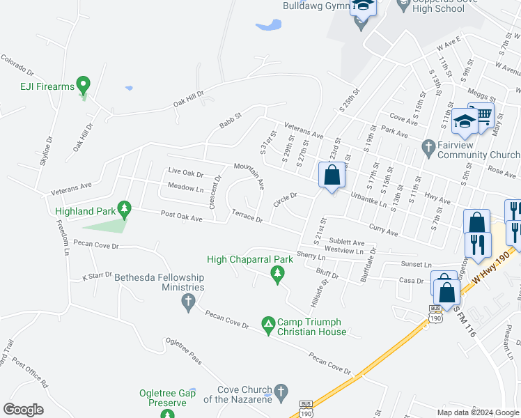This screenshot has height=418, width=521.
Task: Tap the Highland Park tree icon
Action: coord(124,208)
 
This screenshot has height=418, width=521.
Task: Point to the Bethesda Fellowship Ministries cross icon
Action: coord(187,301)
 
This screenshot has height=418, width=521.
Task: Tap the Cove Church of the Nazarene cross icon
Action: coord(281,392)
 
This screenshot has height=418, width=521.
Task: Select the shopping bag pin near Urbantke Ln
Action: coord(332,176)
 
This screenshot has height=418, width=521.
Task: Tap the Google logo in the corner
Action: coord(23,410)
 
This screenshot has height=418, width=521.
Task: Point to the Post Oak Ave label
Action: coord(181,217)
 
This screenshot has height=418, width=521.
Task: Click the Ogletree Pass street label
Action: coord(183,351)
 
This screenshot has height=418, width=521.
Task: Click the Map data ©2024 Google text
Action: coord(477,412)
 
